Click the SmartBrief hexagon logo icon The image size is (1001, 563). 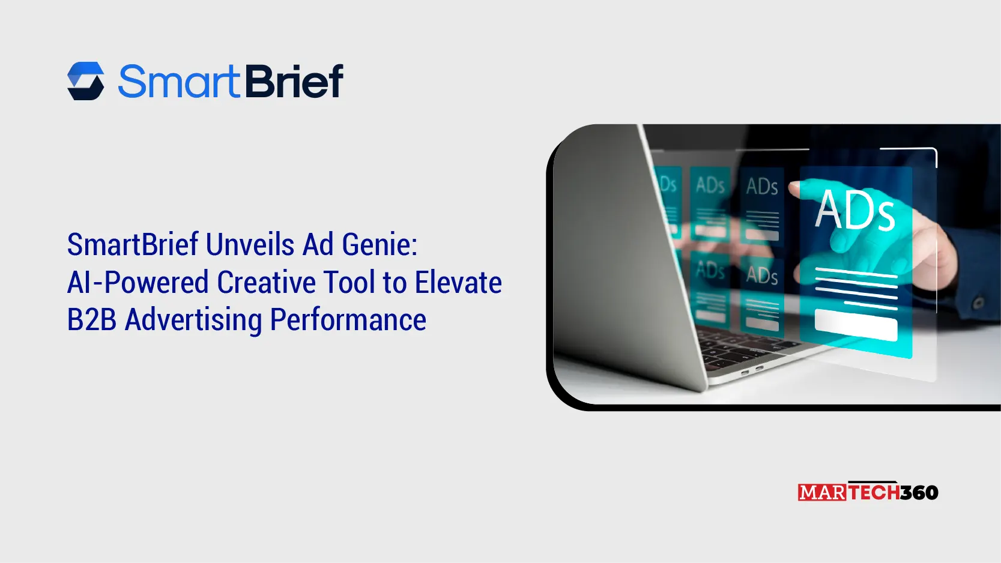(x=86, y=81)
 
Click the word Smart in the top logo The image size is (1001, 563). (x=178, y=82)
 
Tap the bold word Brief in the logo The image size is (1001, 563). (x=294, y=82)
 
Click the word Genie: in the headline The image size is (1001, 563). (x=380, y=245)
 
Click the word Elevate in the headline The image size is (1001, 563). (x=458, y=283)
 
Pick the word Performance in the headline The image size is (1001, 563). (x=348, y=320)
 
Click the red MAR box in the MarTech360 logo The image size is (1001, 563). (x=822, y=493)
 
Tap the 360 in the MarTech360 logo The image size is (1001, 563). (x=919, y=493)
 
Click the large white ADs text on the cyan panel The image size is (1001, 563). (x=855, y=210)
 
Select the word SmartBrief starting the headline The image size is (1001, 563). (x=132, y=245)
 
